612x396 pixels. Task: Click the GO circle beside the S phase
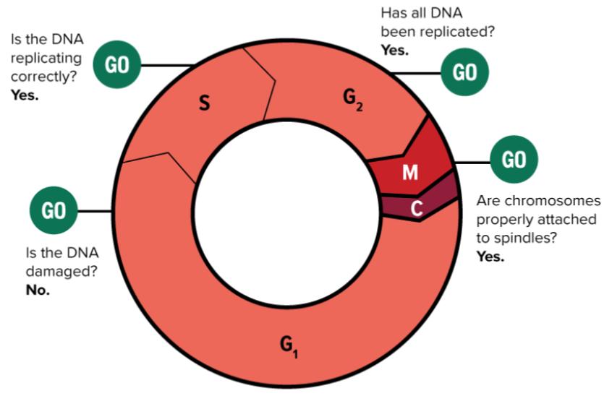(x=117, y=65)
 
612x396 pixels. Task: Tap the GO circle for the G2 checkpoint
(x=464, y=72)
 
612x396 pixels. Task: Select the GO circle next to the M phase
(x=514, y=159)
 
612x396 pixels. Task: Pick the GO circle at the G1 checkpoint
(x=53, y=211)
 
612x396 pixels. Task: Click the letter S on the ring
(x=205, y=105)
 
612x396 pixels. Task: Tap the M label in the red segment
(x=410, y=172)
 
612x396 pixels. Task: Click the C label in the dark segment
(x=417, y=208)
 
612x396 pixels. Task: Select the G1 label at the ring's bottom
(x=289, y=346)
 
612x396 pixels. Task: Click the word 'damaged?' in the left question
(x=54, y=274)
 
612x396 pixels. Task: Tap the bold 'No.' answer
(x=38, y=292)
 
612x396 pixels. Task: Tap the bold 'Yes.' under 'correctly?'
(x=25, y=94)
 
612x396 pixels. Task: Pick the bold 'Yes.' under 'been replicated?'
(x=395, y=50)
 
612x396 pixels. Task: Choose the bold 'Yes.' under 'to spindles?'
(x=490, y=256)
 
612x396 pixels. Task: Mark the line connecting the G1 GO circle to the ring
(x=93, y=211)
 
